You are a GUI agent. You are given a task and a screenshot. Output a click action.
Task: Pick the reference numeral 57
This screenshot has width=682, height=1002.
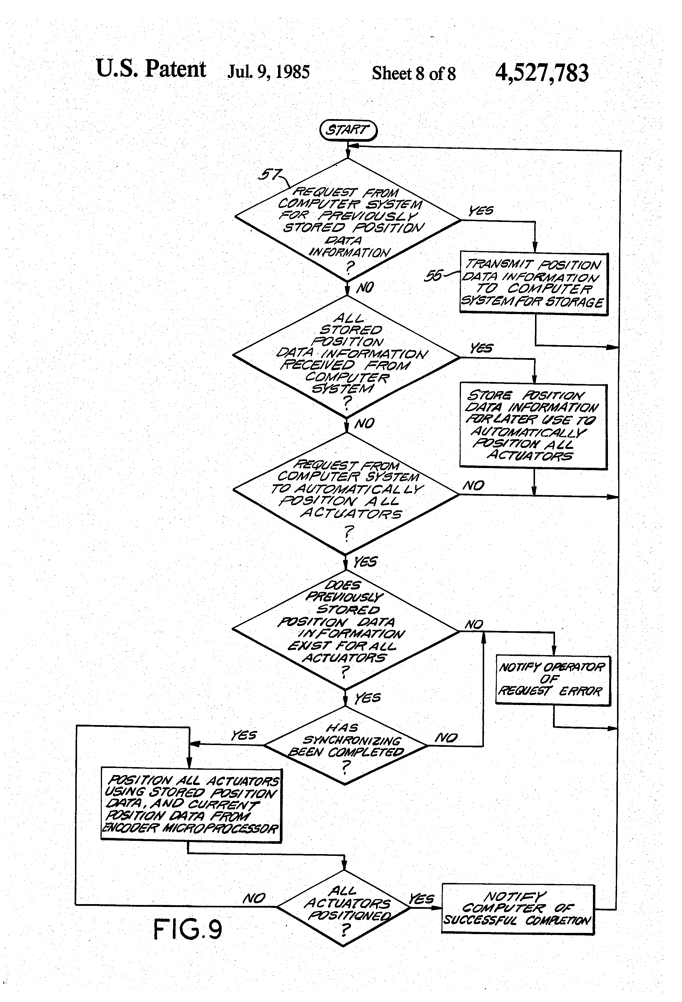(x=269, y=174)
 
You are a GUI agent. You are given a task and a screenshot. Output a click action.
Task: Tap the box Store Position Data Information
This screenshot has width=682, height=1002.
(x=533, y=426)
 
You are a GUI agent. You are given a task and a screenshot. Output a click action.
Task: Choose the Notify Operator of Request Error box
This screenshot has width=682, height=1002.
(x=552, y=680)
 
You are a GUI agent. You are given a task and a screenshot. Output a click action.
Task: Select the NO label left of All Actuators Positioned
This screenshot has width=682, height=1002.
(x=253, y=899)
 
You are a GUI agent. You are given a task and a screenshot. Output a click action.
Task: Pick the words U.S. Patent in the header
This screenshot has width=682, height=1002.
(x=151, y=69)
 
